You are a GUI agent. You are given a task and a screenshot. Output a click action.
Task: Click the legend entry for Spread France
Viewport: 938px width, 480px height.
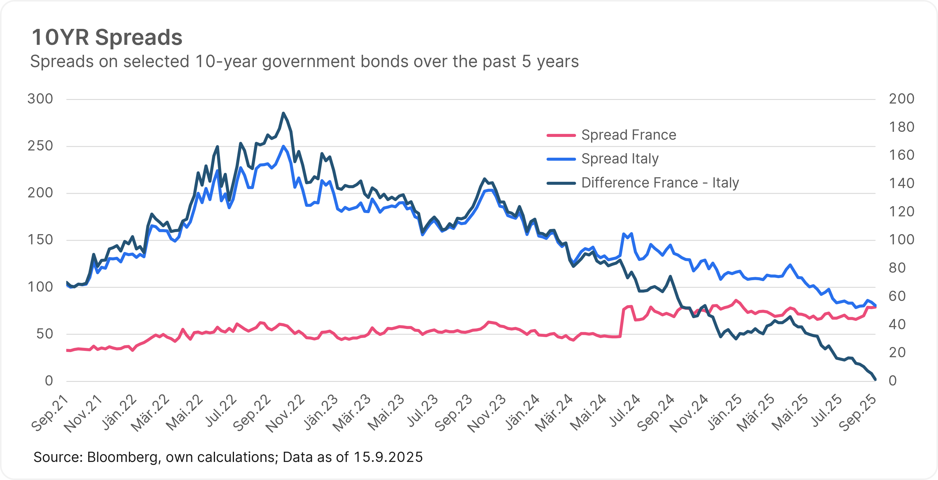click(628, 135)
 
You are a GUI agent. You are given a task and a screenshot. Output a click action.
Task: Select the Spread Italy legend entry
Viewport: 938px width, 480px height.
click(620, 159)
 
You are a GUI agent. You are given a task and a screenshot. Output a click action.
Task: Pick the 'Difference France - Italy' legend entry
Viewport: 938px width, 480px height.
click(660, 183)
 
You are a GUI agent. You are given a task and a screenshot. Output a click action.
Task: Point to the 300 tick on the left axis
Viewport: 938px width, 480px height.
click(40, 99)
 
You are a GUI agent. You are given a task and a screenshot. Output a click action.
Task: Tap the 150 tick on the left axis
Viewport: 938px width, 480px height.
click(40, 240)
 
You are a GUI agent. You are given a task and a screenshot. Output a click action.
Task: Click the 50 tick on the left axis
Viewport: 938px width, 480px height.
click(45, 334)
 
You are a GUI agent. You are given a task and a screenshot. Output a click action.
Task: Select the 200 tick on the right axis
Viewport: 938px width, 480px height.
click(902, 99)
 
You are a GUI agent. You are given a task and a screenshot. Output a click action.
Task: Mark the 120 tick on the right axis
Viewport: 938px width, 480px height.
click(902, 212)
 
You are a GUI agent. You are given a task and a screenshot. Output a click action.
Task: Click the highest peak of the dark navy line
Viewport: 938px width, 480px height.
click(283, 113)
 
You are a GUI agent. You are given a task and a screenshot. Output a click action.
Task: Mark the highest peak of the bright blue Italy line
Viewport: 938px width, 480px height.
click(283, 146)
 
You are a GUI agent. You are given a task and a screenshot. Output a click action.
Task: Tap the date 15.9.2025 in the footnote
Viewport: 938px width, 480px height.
click(388, 457)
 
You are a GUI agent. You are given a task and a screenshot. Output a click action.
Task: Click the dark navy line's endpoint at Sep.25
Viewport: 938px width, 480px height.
click(875, 379)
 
